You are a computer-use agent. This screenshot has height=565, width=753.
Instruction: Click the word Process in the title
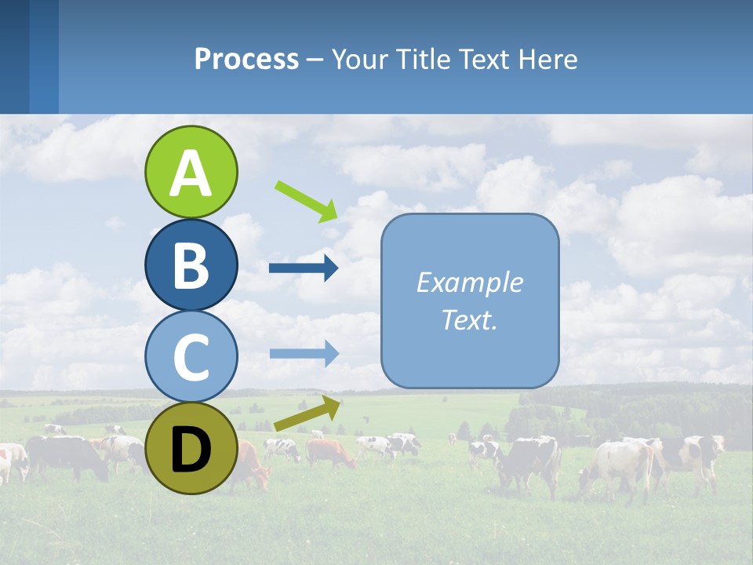(246, 59)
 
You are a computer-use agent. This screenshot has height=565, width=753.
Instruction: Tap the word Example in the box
(469, 282)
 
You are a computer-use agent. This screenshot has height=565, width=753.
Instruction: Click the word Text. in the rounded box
(469, 319)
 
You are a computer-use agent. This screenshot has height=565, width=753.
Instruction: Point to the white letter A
(191, 173)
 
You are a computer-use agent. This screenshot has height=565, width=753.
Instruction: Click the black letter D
(191, 450)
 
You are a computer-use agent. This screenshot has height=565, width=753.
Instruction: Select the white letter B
(191, 265)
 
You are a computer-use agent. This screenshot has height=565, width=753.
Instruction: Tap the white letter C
(191, 358)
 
